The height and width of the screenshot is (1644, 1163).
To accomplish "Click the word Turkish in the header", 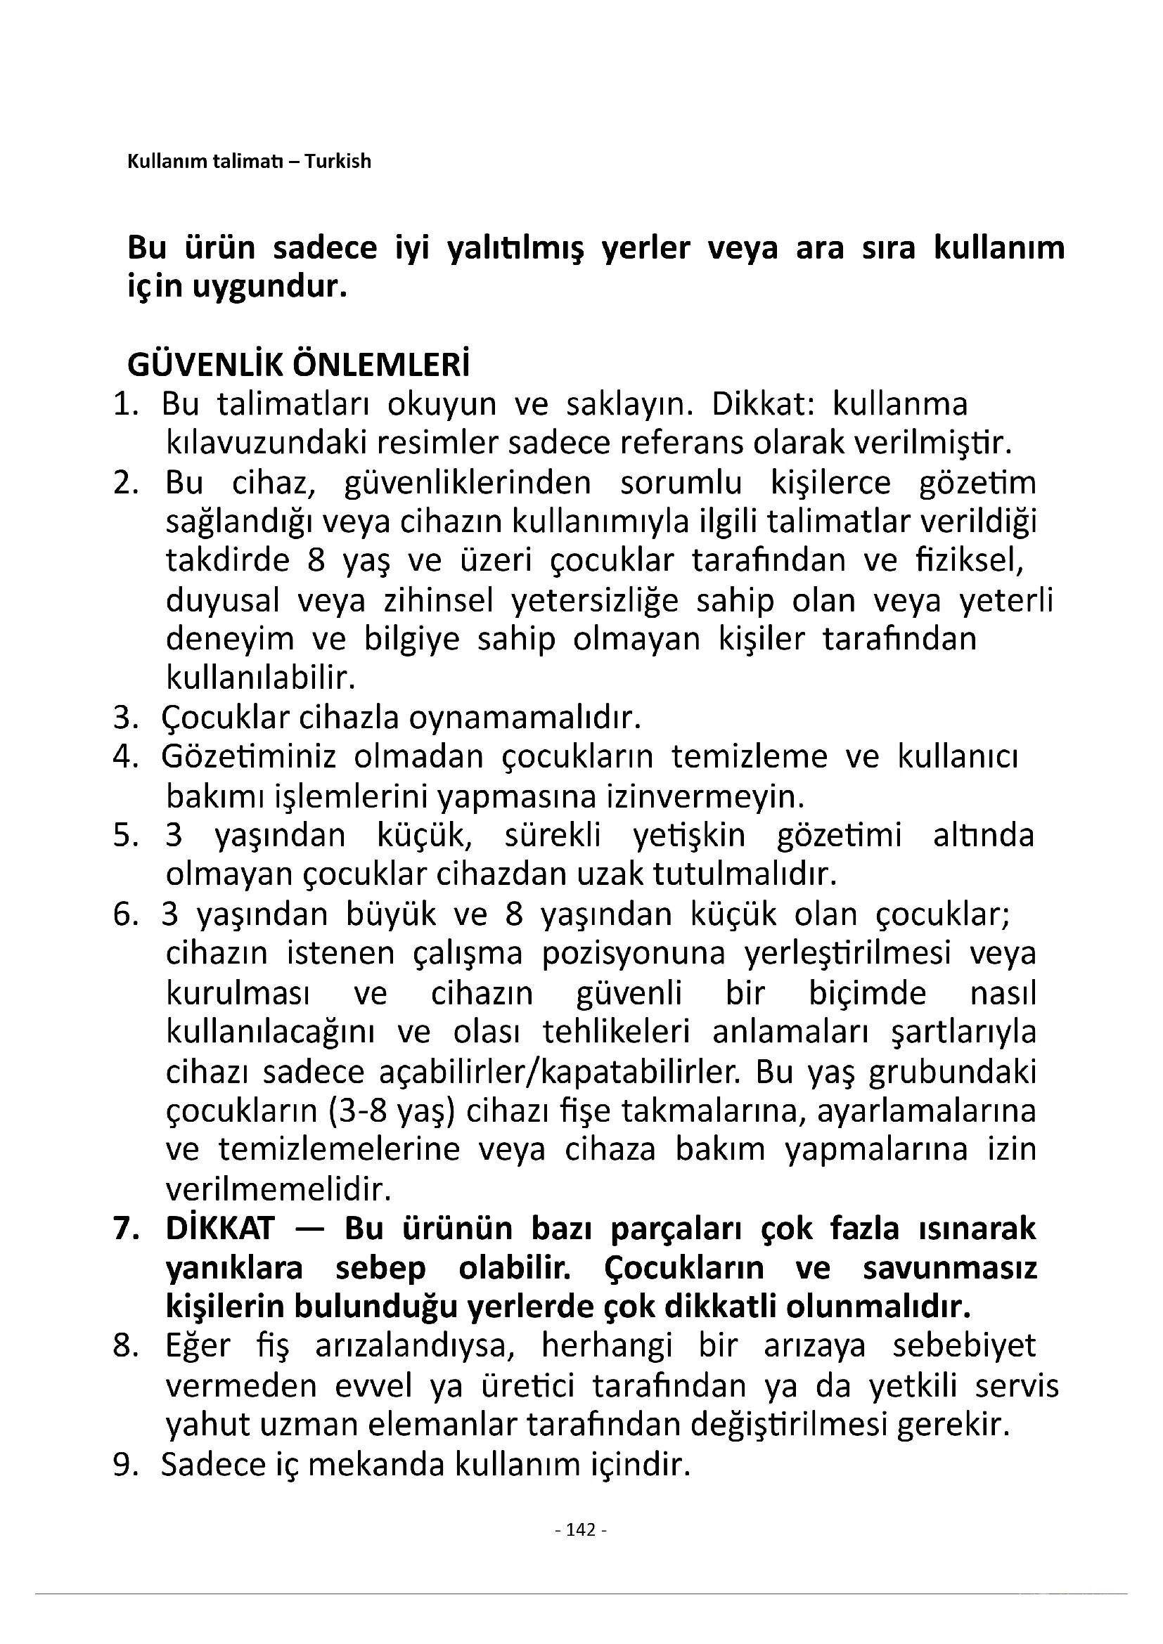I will coord(338,161).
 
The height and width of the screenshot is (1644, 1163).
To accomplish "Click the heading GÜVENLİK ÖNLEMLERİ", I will coord(299,365).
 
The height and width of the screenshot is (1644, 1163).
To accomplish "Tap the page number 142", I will coord(581,1529).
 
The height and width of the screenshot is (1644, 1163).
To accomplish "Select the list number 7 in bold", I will coord(124,1229).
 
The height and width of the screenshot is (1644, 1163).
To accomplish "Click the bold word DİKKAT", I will coord(220,1229).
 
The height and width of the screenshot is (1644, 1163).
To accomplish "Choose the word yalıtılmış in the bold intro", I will coord(515,247).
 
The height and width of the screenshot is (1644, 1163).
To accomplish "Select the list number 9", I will coord(124,1465).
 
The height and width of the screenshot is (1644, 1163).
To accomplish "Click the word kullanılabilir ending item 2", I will coord(261,678).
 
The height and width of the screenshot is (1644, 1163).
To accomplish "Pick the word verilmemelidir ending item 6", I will coord(278,1189).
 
